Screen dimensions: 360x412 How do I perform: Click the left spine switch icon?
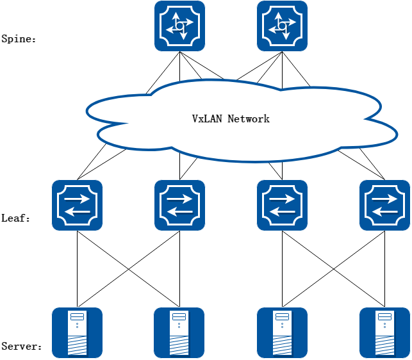[x=179, y=26]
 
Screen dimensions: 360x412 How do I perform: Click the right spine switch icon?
[x=282, y=26]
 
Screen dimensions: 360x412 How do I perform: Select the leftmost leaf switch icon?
[x=77, y=205]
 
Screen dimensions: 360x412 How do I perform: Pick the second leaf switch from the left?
[x=179, y=205]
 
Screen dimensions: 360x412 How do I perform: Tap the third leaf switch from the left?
[x=282, y=205]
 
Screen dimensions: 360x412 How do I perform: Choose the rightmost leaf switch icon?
[x=384, y=205]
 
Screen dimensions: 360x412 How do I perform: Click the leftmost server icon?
[x=77, y=332]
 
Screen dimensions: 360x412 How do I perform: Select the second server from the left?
[x=179, y=332]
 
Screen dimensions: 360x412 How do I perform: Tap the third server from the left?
[x=282, y=332]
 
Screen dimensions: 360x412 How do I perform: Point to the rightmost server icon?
[x=384, y=332]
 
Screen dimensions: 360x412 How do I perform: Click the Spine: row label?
[x=19, y=38]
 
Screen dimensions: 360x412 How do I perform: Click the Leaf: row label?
[x=16, y=218]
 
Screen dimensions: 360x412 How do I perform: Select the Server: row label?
[x=21, y=347]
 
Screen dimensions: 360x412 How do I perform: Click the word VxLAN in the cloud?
[x=207, y=119]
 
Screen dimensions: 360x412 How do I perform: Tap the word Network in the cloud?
[x=249, y=119]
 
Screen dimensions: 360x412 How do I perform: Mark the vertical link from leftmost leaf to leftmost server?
[x=77, y=269]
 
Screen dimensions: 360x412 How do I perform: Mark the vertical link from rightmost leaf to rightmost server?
[x=384, y=269]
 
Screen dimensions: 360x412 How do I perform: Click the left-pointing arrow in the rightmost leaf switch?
[x=384, y=213]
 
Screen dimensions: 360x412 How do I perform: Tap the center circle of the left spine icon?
[x=179, y=26]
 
